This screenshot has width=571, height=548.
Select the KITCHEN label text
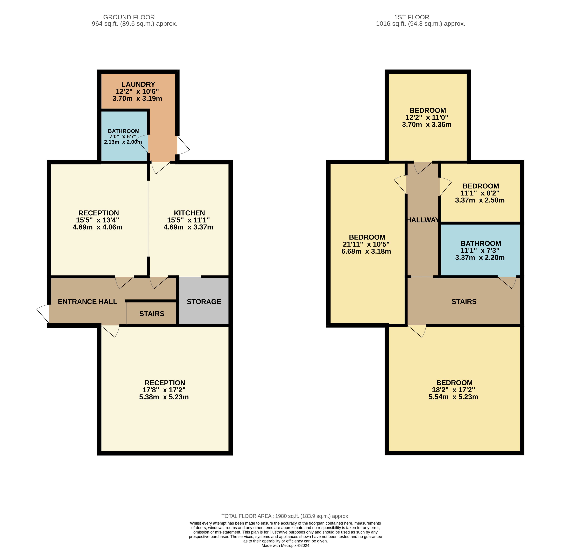pos(189,213)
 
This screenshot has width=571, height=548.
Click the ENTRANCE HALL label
pos(87,302)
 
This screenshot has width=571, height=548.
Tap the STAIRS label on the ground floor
pos(152,314)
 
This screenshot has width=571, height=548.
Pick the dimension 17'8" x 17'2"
pos(164,390)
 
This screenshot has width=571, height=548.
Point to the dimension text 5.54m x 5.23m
pos(453,397)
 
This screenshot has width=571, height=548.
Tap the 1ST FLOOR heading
pos(412,17)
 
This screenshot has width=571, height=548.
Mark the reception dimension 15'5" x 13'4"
pos(98,220)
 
